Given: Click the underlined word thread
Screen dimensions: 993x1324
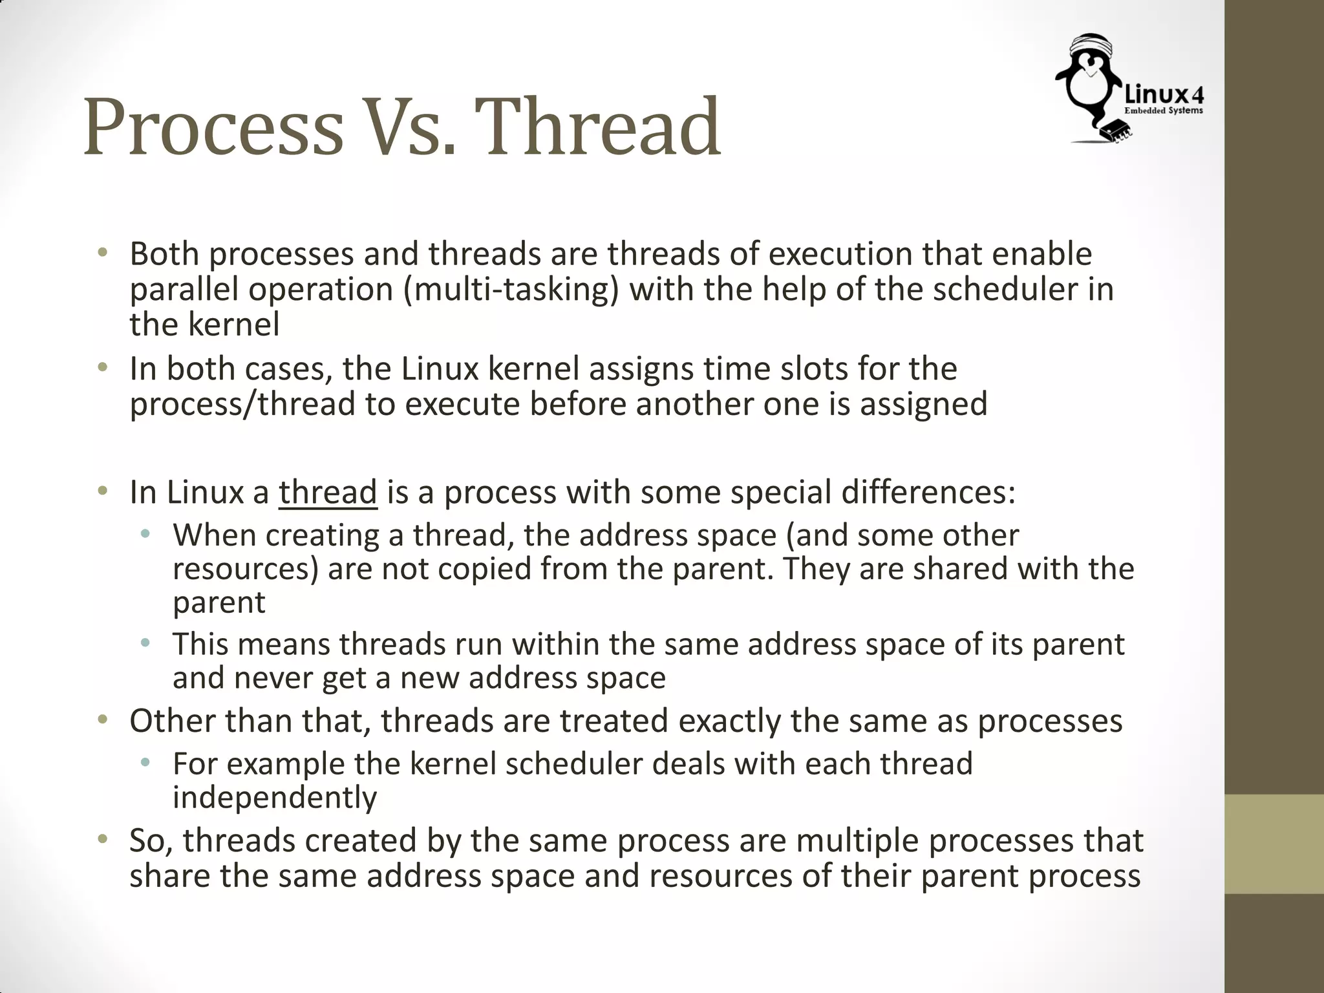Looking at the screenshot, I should point(328,493).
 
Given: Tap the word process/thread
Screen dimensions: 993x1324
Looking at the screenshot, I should point(242,404).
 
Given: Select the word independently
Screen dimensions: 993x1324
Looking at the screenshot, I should point(275,798).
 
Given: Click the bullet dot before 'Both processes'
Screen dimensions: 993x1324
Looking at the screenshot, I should point(102,253).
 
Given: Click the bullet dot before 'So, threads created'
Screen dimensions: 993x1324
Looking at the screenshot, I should point(102,840).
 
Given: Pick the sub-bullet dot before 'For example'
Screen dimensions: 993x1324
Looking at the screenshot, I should point(145,763).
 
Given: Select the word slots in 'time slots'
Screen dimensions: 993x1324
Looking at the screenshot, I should point(815,369).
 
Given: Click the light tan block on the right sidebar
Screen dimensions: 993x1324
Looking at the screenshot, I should point(1274,844).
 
